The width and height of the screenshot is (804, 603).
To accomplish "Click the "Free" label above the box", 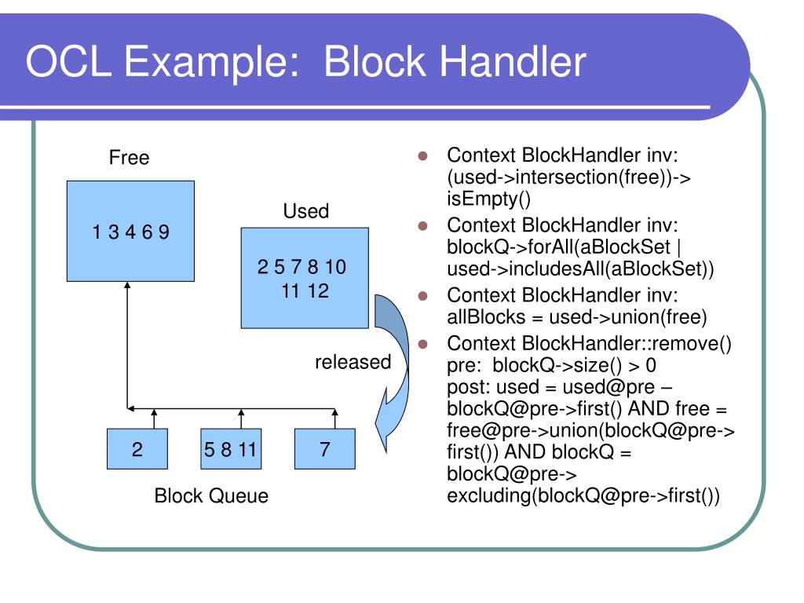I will (129, 158).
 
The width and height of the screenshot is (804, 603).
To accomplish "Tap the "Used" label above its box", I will (305, 211).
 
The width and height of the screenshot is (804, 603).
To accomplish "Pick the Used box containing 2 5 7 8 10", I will (304, 277).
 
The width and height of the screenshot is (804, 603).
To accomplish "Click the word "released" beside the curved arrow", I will (353, 362).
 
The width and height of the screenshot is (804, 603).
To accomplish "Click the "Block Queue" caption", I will (211, 496).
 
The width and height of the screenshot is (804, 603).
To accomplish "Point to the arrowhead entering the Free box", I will (127, 287).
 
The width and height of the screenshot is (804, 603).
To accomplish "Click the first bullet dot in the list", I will (422, 155).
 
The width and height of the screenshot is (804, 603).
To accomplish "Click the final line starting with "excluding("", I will (583, 496).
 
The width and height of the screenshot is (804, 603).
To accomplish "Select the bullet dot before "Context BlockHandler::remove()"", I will (422, 344).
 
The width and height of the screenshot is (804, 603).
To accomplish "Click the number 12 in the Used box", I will (318, 292).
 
